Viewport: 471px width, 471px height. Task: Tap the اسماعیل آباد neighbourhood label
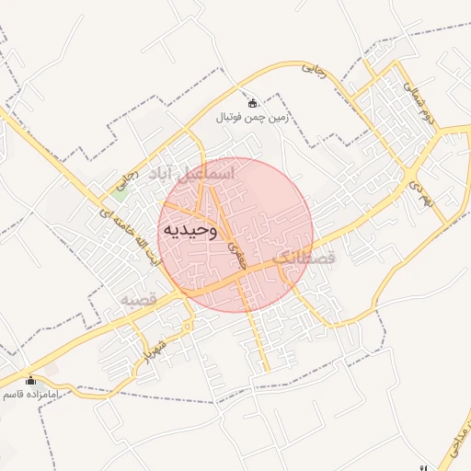pos(196,174)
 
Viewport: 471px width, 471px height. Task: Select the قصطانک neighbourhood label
pos(305,258)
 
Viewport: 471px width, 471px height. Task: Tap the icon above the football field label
pos(253,102)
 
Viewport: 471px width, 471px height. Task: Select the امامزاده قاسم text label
pos(30,394)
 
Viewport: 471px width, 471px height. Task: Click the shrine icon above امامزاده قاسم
pos(30,380)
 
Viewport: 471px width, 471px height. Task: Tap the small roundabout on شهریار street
pos(187,327)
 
